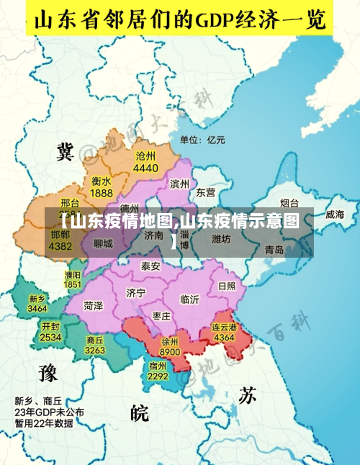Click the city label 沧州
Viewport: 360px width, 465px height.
(145, 155)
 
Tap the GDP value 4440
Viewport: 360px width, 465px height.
(145, 168)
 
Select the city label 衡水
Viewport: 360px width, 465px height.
(102, 181)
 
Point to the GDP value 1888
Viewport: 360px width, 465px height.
(102, 193)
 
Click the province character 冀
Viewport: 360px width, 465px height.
(66, 151)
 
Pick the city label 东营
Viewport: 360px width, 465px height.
(206, 192)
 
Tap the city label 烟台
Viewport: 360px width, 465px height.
(289, 203)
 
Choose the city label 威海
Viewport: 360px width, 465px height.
(335, 214)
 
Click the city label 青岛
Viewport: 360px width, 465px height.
(274, 250)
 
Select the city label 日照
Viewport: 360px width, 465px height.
(226, 285)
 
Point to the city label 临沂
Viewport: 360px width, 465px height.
(190, 299)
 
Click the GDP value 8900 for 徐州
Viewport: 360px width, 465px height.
(170, 352)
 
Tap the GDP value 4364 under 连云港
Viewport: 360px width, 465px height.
(224, 337)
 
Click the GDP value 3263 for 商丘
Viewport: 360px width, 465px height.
(95, 350)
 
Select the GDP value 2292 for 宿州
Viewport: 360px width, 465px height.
(158, 376)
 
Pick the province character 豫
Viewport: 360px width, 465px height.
(48, 372)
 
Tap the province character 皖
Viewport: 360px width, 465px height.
(140, 412)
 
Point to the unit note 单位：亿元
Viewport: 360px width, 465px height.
(202, 140)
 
